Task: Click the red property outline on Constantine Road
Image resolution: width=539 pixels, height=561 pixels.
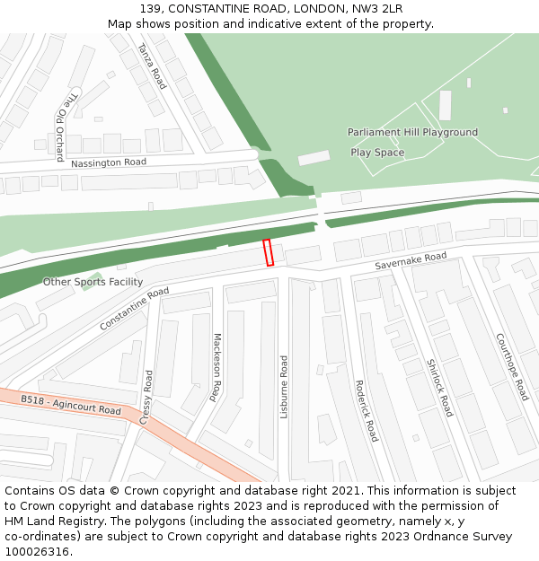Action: pyautogui.click(x=268, y=252)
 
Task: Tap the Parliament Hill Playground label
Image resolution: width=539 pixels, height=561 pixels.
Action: pyautogui.click(x=412, y=133)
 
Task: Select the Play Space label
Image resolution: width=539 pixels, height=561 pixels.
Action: pyautogui.click(x=377, y=153)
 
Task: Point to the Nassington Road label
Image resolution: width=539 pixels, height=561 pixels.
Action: pyautogui.click(x=108, y=162)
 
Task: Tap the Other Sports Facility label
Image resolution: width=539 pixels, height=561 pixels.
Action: pyautogui.click(x=93, y=282)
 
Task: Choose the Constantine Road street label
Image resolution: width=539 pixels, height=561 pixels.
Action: pyautogui.click(x=134, y=308)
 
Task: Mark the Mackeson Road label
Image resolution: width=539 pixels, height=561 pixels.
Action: pyautogui.click(x=216, y=366)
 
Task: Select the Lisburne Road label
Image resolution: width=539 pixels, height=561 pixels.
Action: pyautogui.click(x=284, y=387)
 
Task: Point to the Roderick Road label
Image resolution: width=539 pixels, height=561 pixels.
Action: pyautogui.click(x=367, y=409)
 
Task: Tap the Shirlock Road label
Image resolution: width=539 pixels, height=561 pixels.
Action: pyautogui.click(x=440, y=388)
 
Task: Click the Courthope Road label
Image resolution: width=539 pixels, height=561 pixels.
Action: pyautogui.click(x=512, y=366)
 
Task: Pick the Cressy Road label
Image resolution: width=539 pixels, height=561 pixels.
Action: pyautogui.click(x=146, y=397)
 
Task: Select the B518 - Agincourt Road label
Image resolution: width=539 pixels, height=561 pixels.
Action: pyautogui.click(x=71, y=405)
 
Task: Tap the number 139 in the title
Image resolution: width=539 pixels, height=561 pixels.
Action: pyautogui.click(x=150, y=9)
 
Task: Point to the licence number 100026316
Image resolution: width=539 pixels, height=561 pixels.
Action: pyautogui.click(x=37, y=552)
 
